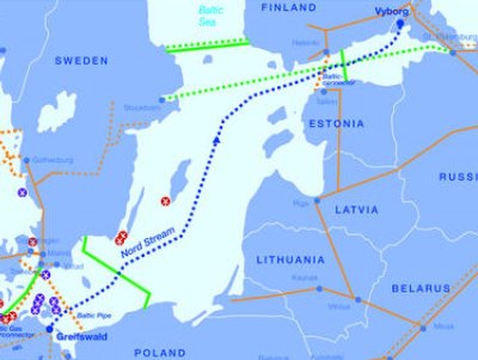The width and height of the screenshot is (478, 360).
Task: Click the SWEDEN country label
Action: (81, 61)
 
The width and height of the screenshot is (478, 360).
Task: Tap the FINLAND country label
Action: (289, 8)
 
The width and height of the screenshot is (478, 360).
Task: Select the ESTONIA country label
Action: (336, 124)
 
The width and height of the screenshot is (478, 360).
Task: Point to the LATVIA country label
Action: (356, 210)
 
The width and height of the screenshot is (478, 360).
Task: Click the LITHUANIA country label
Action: (290, 260)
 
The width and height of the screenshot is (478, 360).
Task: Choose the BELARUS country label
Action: (421, 288)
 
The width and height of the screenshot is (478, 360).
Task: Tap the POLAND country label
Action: (160, 352)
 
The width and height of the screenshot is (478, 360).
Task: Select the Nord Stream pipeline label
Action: (148, 242)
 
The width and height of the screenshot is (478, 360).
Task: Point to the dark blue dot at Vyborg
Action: (400, 24)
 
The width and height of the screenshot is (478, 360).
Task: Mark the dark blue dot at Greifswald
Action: (50, 329)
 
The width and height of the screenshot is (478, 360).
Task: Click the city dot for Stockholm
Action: (163, 100)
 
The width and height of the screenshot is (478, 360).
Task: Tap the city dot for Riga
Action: (317, 200)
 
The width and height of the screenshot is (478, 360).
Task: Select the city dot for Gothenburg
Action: (27, 160)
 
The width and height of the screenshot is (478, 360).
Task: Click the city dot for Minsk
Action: (422, 328)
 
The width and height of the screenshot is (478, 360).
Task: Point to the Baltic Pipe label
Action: (97, 315)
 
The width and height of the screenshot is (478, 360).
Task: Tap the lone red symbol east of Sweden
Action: (166, 201)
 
